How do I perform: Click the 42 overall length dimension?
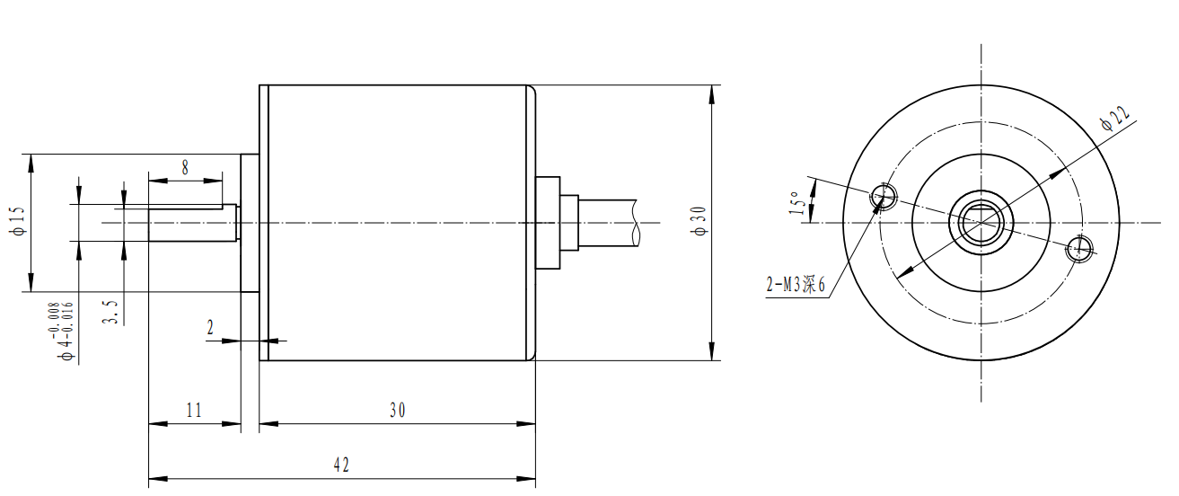pyautogui.click(x=341, y=465)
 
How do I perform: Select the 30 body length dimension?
pyautogui.click(x=397, y=410)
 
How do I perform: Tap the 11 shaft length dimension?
pyautogui.click(x=194, y=410)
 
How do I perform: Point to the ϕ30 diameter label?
pyautogui.click(x=700, y=221)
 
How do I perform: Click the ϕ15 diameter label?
pyautogui.click(x=19, y=221)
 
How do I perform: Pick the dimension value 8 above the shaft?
pyautogui.click(x=185, y=166)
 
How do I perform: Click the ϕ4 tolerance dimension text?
pyautogui.click(x=66, y=332)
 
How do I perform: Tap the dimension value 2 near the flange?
pyautogui.click(x=210, y=329)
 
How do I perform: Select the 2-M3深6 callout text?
pyautogui.click(x=795, y=286)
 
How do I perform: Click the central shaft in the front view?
pyautogui.click(x=982, y=221)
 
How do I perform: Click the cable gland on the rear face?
pyautogui.click(x=548, y=223)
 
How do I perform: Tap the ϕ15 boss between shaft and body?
pyautogui.click(x=250, y=223)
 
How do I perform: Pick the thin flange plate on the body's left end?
pyautogui.click(x=264, y=223)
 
